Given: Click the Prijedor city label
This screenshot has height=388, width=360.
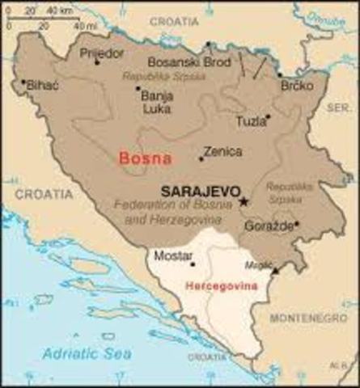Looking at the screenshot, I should coord(102,53).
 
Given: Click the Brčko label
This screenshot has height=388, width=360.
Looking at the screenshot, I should coord(297,84).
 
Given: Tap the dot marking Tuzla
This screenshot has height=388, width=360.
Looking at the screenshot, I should coord(268,116).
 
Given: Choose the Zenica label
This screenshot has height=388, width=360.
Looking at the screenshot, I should coord(223,150).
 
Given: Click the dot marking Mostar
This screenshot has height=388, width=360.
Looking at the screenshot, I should coord(193,264).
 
